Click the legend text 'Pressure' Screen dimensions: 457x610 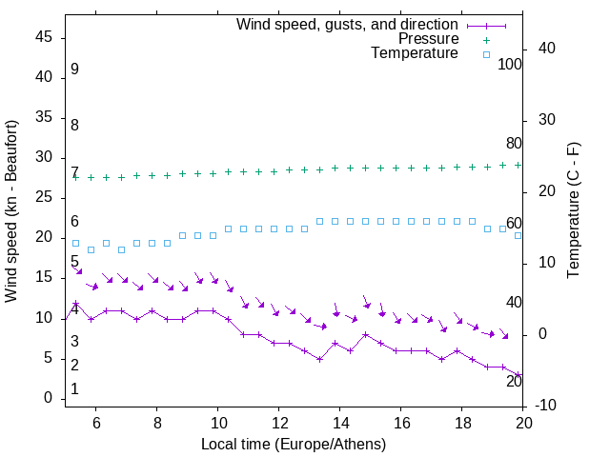click(x=428, y=39)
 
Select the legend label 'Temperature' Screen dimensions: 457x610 click(x=415, y=54)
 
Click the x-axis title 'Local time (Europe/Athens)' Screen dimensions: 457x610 click(x=294, y=444)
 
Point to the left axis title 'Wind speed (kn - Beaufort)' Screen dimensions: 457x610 click(x=12, y=211)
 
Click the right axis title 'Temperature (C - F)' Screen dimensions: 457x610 click(x=573, y=210)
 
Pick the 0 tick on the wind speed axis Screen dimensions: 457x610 click(x=49, y=399)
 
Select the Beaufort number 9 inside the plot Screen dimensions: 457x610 click(x=74, y=70)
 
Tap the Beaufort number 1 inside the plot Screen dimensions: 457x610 click(x=74, y=389)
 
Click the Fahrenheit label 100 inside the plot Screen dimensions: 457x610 click(x=510, y=65)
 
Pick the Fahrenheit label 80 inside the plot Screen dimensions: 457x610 click(x=514, y=144)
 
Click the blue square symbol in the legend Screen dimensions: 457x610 click(x=485, y=55)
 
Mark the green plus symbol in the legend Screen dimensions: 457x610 click(x=485, y=40)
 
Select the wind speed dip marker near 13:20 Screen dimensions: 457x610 click(x=320, y=359)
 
